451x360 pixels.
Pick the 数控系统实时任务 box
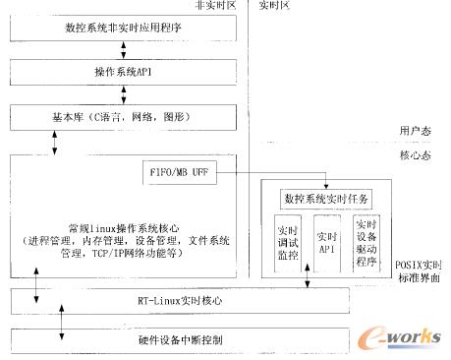[324, 199]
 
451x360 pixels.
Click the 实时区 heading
[274, 6]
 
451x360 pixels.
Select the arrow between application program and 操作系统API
[123, 51]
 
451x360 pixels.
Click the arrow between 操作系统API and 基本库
[123, 95]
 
